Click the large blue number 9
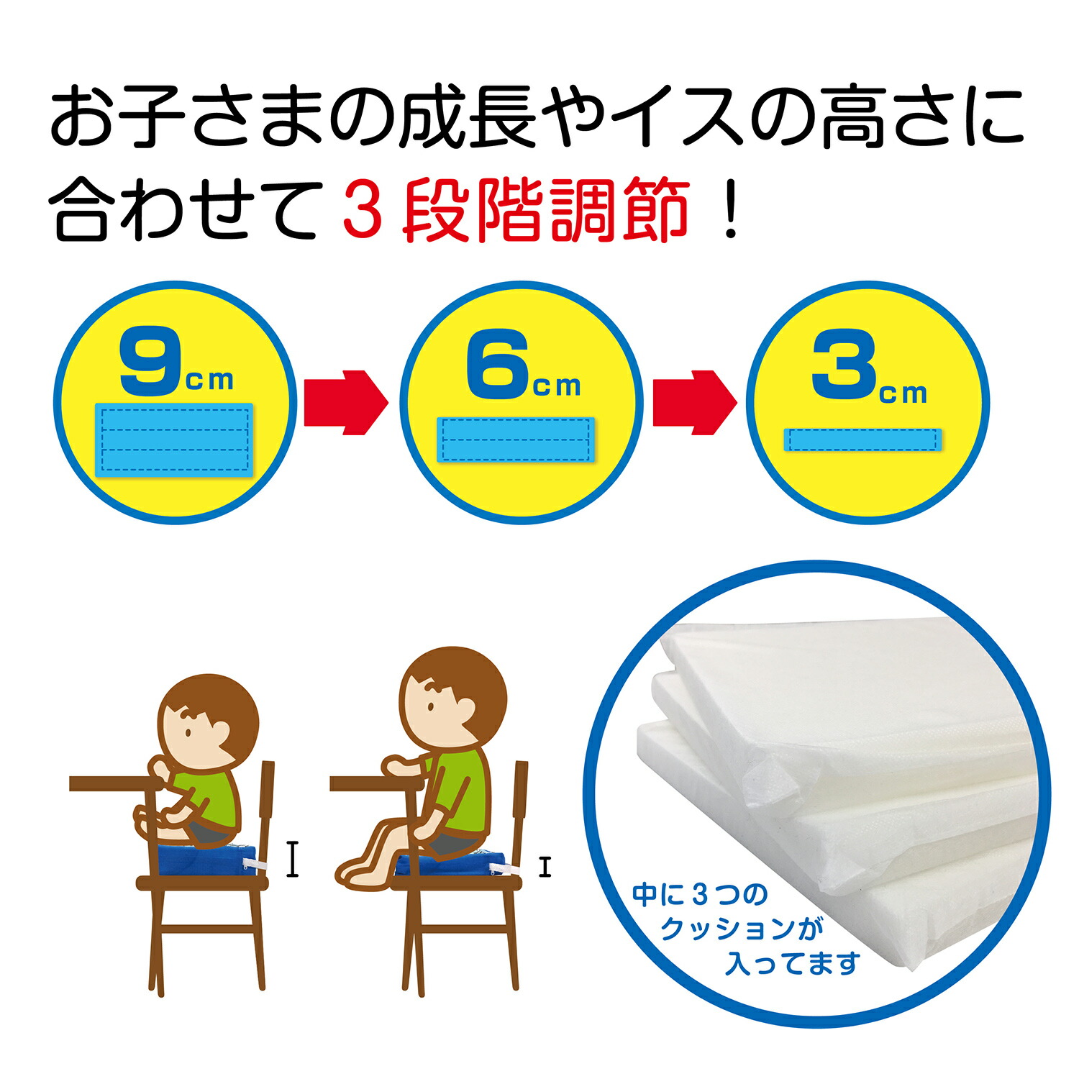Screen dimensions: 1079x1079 150,361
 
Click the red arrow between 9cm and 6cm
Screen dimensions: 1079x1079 346,403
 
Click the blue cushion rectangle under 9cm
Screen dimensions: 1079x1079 174,440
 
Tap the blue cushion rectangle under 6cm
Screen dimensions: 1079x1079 516,440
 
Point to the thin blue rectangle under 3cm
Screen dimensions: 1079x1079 862,440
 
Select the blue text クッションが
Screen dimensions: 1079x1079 742,929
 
